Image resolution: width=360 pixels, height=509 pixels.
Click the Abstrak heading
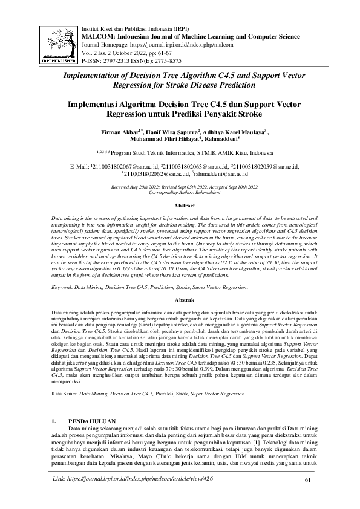tap(180, 300)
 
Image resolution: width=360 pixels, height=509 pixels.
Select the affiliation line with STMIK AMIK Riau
tap(180, 152)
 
